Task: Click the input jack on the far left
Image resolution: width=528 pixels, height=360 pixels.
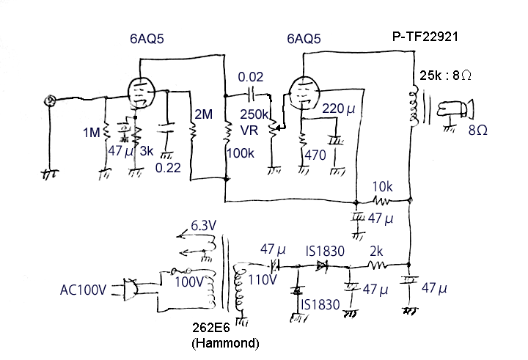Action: [x=51, y=100]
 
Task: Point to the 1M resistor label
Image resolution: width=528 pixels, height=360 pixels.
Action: [x=91, y=133]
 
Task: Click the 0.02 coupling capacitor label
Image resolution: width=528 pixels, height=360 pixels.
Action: [x=249, y=76]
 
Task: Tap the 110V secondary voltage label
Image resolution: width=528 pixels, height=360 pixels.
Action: [x=263, y=280]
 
